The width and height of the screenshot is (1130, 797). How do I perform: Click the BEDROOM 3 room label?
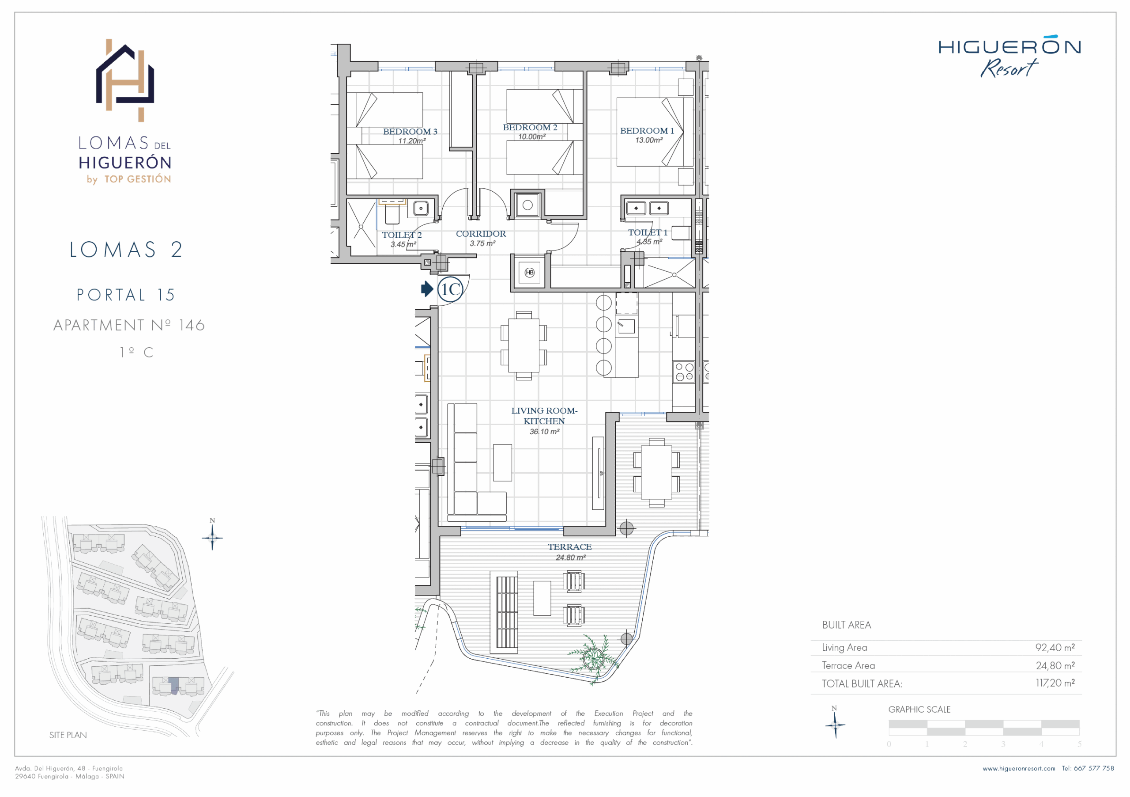tap(410, 132)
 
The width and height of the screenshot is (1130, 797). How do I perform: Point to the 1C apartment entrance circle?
tap(450, 289)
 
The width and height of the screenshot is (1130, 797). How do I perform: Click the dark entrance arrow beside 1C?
tap(427, 289)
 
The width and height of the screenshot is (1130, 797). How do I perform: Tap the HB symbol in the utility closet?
tap(530, 273)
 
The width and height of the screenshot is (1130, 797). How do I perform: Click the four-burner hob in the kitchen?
tap(684, 372)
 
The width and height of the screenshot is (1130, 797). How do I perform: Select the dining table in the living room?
tap(524, 345)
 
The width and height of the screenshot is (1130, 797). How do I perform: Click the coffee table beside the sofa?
tap(502, 463)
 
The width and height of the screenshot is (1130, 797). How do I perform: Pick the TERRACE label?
tap(570, 547)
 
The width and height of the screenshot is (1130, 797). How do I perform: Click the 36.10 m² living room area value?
tap(544, 432)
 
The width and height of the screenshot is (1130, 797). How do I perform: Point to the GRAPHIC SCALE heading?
tap(919, 710)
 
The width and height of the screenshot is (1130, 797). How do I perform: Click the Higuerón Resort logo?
tap(1009, 56)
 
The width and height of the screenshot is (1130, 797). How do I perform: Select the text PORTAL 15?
tap(126, 295)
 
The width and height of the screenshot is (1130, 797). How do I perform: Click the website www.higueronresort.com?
tap(1019, 768)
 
